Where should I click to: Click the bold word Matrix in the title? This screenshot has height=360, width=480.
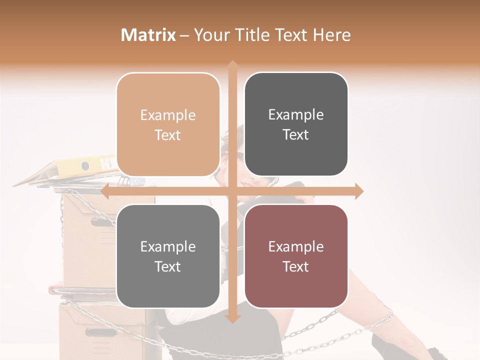pyautogui.click(x=148, y=35)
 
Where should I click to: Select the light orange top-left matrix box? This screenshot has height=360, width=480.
pyautogui.click(x=168, y=124)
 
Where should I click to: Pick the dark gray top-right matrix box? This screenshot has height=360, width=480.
pyautogui.click(x=296, y=124)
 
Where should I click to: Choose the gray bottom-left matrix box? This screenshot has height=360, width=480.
pyautogui.click(x=168, y=256)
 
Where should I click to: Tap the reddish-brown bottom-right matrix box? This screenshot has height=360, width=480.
pyautogui.click(x=296, y=256)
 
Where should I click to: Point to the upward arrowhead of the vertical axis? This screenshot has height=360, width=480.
pyautogui.click(x=232, y=64)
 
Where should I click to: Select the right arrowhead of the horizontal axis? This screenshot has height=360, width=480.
pyautogui.click(x=359, y=191)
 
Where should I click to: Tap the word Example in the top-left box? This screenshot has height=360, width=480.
pyautogui.click(x=168, y=115)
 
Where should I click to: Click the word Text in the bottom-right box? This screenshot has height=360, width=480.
pyautogui.click(x=296, y=266)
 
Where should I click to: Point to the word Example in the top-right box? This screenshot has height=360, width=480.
pyautogui.click(x=296, y=115)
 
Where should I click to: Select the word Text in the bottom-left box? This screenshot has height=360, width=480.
pyautogui.click(x=168, y=266)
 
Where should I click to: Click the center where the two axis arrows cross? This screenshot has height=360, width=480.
pyautogui.click(x=232, y=191)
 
